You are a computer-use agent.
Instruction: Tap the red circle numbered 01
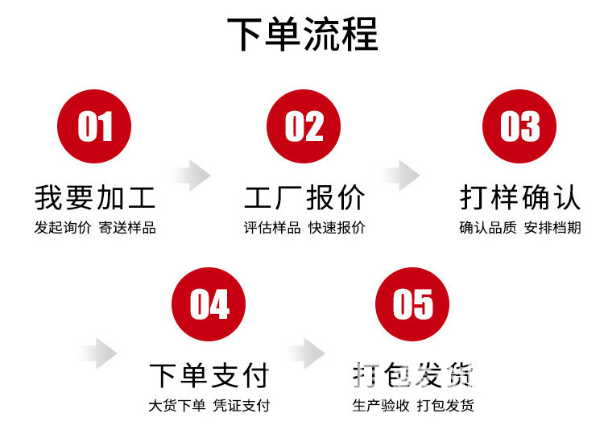(95, 126)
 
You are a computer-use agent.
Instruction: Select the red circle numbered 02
(304, 126)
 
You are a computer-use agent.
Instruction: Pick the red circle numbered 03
(519, 126)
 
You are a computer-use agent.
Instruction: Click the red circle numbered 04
(209, 304)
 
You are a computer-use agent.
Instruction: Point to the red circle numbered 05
(413, 304)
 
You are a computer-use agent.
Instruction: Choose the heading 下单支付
(209, 375)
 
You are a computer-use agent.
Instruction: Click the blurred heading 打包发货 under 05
(413, 375)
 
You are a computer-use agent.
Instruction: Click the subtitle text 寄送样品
(127, 228)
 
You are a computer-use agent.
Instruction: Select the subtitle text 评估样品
(272, 228)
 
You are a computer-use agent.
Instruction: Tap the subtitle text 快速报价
(337, 228)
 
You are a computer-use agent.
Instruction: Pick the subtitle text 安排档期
(552, 228)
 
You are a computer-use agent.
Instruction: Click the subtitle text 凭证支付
(241, 406)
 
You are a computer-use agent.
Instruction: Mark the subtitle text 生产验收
(381, 406)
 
